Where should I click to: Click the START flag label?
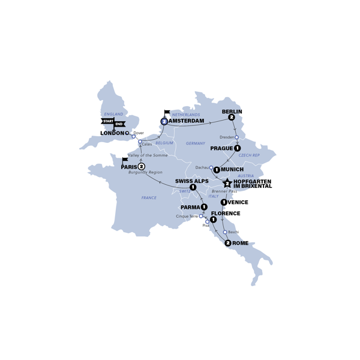[108, 121]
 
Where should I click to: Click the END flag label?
[120, 124]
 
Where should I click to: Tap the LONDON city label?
[112, 133]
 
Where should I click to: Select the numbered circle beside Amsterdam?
[164, 121]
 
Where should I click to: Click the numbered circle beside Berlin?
[231, 118]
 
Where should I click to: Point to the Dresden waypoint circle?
[237, 137]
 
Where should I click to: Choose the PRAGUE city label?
[222, 148]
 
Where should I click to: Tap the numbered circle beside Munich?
[217, 170]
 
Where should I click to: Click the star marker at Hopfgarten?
[227, 184]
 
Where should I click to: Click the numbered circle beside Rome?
[228, 243]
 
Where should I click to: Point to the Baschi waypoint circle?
[225, 232]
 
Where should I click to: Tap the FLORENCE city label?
[226, 214]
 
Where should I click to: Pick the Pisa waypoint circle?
[208, 221]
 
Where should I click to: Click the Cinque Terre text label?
[187, 216]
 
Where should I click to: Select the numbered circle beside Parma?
[205, 207]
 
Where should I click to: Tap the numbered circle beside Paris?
[142, 166]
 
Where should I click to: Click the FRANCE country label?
[149, 197]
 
